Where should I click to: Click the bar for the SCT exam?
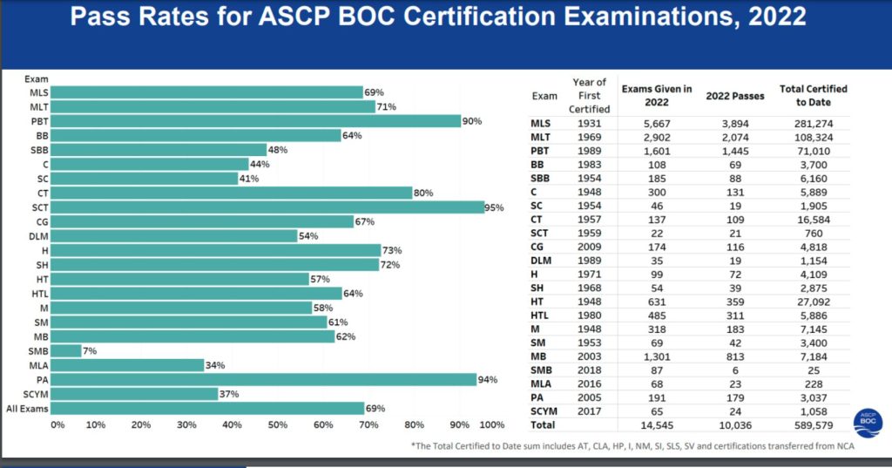(x=270, y=207)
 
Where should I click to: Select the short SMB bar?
(x=69, y=349)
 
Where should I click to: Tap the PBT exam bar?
(x=259, y=121)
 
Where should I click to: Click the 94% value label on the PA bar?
(x=489, y=379)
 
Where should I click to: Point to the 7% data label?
(x=90, y=350)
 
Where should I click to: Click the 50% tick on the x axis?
(x=278, y=424)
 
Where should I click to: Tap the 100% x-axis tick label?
(x=492, y=424)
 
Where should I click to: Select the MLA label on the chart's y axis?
(x=38, y=364)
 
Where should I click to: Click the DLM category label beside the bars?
(x=38, y=236)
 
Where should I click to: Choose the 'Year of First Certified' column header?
(x=589, y=96)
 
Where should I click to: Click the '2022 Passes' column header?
(x=735, y=96)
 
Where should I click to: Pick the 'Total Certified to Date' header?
(x=814, y=96)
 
